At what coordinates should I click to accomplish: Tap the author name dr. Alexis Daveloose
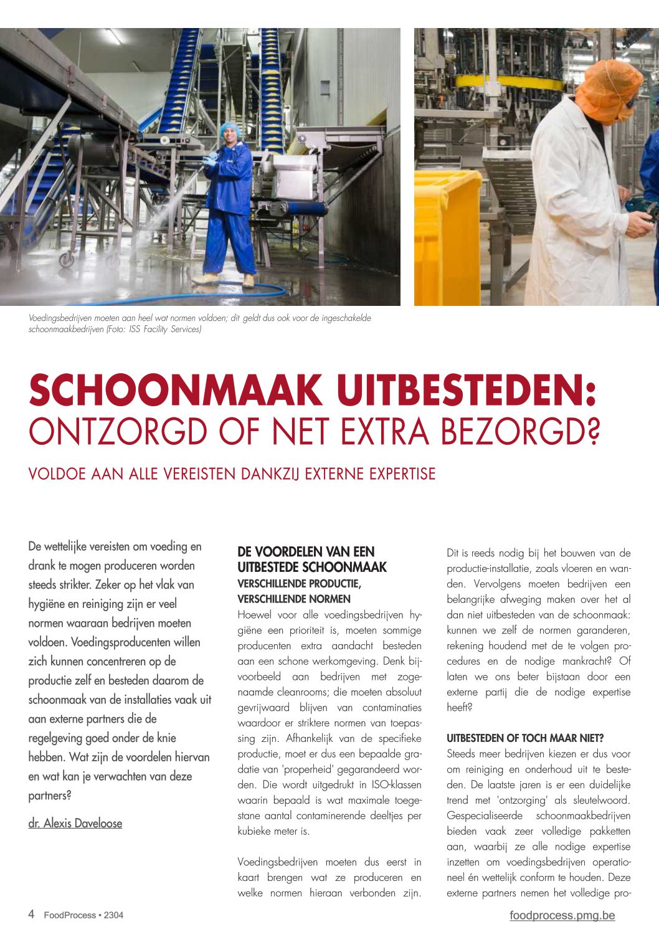click(x=75, y=823)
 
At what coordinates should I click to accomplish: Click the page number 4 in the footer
click(x=31, y=914)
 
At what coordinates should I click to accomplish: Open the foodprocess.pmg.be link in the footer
click(x=562, y=915)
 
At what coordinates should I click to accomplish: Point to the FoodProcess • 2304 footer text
click(x=83, y=915)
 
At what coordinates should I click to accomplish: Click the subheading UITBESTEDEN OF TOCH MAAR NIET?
click(x=525, y=738)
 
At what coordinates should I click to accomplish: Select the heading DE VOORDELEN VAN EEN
click(x=306, y=551)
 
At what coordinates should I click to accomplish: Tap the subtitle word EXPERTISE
click(x=402, y=474)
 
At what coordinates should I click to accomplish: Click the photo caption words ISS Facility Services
click(x=164, y=329)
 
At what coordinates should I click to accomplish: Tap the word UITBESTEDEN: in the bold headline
click(x=467, y=391)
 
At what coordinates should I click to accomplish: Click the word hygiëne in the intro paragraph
click(x=50, y=604)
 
